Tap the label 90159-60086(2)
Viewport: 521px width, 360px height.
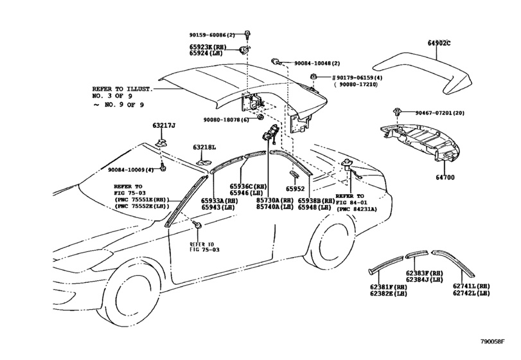coord(213,33)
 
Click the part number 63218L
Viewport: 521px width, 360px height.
coord(204,148)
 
